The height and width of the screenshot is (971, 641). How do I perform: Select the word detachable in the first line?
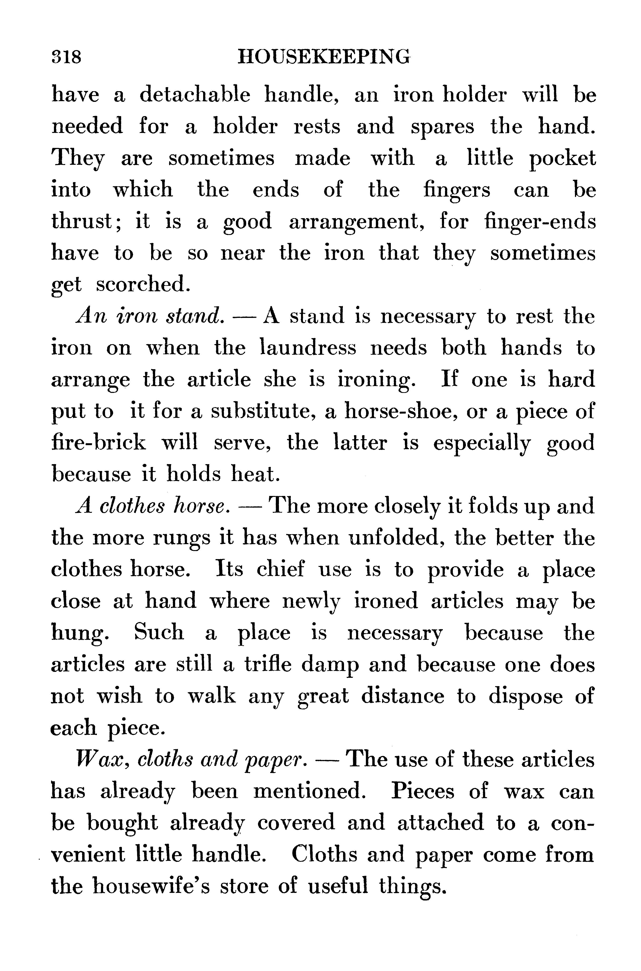pyautogui.click(x=195, y=95)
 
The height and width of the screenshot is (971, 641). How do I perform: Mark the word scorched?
pyautogui.click(x=143, y=285)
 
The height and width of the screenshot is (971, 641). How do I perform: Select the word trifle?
pyautogui.click(x=268, y=665)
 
